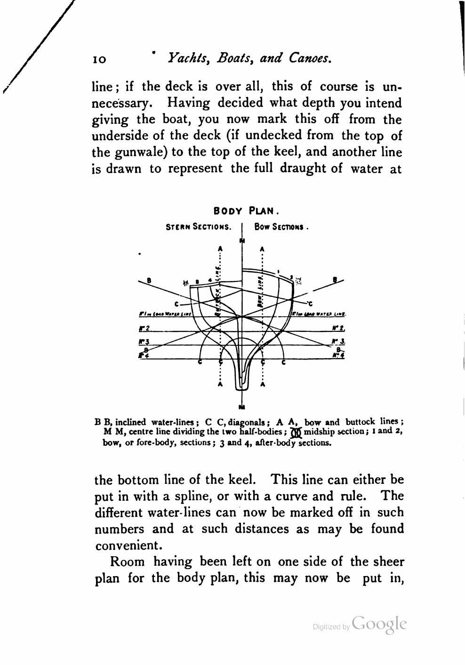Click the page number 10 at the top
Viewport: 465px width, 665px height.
pyautogui.click(x=99, y=59)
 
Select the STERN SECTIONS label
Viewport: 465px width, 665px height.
pyautogui.click(x=199, y=227)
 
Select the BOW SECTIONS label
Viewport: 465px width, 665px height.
pyautogui.click(x=281, y=227)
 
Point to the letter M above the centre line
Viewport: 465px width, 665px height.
pyautogui.click(x=242, y=241)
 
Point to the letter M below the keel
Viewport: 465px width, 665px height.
pyautogui.click(x=242, y=407)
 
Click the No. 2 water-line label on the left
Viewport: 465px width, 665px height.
pyautogui.click(x=144, y=328)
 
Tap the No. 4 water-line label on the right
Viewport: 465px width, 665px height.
pyautogui.click(x=338, y=356)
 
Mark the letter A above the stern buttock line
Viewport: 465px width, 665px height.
pyautogui.click(x=220, y=248)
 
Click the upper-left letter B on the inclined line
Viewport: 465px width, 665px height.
pyautogui.click(x=149, y=281)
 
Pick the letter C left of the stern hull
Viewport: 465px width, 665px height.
pyautogui.click(x=176, y=304)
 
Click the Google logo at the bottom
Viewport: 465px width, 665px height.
pyautogui.click(x=378, y=624)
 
